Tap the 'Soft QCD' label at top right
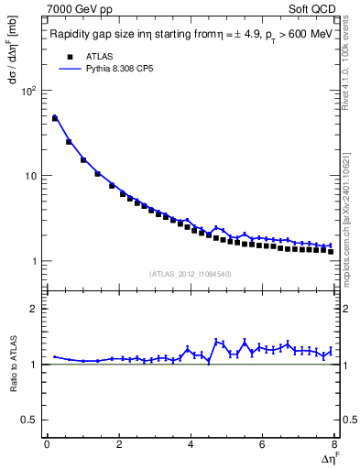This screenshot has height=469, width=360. pyautogui.click(x=313, y=10)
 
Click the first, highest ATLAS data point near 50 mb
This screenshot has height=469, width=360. pyautogui.click(x=54, y=118)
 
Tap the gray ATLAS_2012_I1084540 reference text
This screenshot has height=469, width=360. pyautogui.click(x=189, y=274)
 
